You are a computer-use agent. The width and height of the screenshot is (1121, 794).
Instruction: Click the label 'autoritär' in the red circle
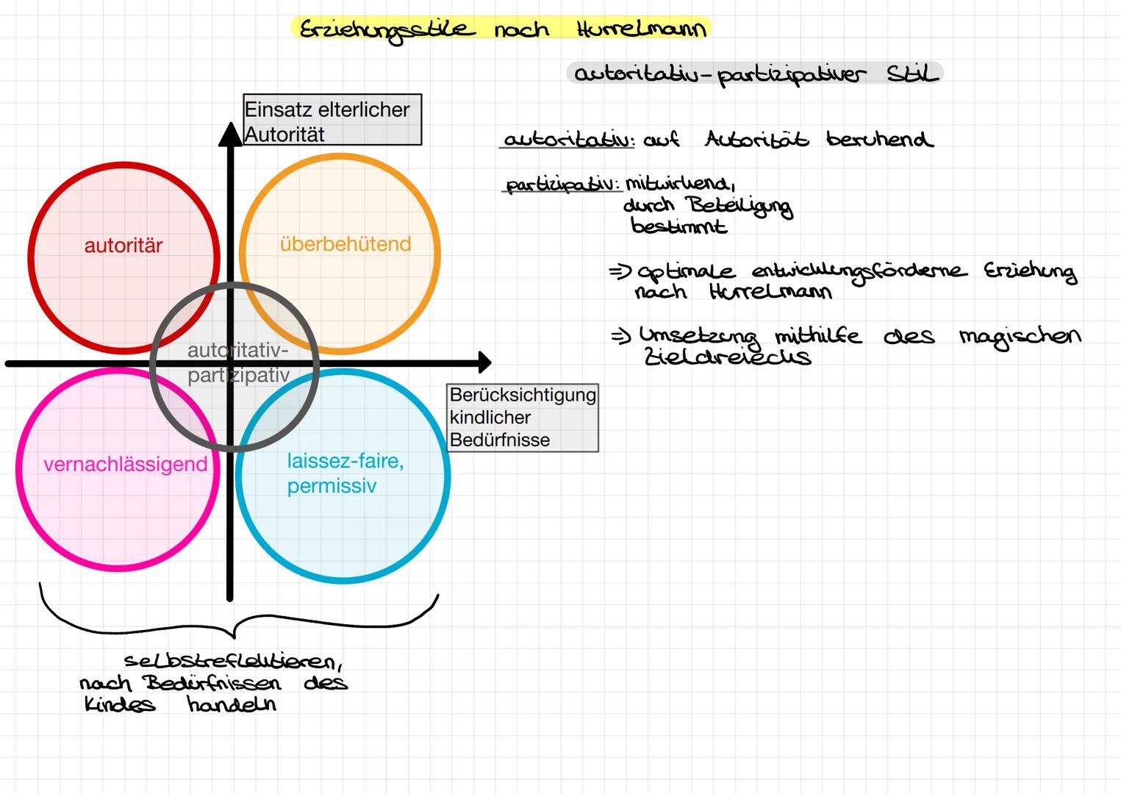pyautogui.click(x=123, y=246)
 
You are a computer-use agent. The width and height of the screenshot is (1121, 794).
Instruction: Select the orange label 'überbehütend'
pyautogui.click(x=345, y=244)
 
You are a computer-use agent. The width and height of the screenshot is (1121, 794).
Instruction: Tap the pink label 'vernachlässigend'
pyautogui.click(x=126, y=465)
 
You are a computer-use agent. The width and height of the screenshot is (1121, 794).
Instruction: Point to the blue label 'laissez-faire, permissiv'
pyautogui.click(x=345, y=473)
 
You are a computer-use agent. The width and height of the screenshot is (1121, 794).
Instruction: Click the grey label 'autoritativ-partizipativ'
pyautogui.click(x=238, y=362)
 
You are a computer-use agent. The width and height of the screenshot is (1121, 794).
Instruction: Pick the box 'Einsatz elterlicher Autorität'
pyautogui.click(x=332, y=120)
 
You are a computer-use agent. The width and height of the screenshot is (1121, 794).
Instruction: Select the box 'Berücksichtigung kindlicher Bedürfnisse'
pyautogui.click(x=523, y=418)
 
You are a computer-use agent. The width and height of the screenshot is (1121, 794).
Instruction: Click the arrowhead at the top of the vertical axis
pyautogui.click(x=230, y=134)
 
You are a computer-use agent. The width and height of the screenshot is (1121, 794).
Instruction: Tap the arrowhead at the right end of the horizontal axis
pyautogui.click(x=484, y=362)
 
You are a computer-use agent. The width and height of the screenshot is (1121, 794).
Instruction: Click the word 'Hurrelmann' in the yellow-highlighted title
pyautogui.click(x=641, y=29)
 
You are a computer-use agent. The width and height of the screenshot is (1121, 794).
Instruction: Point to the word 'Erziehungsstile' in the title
pyautogui.click(x=384, y=30)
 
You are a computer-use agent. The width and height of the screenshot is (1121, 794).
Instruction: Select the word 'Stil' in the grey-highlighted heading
pyautogui.click(x=912, y=74)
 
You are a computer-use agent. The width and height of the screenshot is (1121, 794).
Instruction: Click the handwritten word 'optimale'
pyautogui.click(x=685, y=272)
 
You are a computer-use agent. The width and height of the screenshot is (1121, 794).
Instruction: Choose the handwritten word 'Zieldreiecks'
pyautogui.click(x=726, y=357)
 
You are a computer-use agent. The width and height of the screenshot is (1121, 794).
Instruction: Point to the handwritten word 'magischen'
pyautogui.click(x=1020, y=337)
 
